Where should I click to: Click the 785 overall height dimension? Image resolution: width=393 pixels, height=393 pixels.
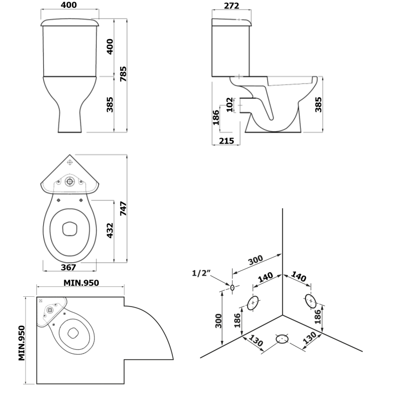[x=123, y=74]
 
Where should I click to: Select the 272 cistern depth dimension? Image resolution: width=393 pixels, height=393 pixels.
[x=231, y=5]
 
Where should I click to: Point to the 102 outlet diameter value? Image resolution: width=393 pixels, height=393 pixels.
[x=229, y=105]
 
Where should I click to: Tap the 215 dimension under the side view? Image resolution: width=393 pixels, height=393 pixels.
[x=226, y=141]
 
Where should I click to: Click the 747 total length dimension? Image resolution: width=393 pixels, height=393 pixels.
[x=123, y=208]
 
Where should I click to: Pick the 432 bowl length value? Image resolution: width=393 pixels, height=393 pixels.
[x=110, y=230]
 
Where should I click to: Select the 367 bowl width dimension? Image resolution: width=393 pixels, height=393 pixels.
[x=68, y=267]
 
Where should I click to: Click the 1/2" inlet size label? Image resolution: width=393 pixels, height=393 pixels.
[x=201, y=273]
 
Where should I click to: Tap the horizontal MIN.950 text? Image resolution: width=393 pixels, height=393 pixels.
[x=81, y=283]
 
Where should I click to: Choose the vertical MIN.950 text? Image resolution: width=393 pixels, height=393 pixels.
[x=22, y=343]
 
